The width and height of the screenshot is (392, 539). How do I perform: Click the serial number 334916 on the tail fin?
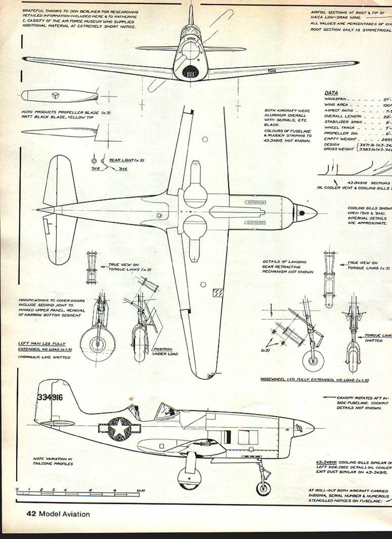pyautogui.click(x=50, y=398)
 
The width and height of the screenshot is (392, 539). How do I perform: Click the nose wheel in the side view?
pyautogui.click(x=263, y=488)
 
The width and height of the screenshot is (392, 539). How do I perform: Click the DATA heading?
pyautogui.click(x=331, y=93)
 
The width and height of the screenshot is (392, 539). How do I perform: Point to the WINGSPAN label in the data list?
pyautogui.click(x=335, y=99)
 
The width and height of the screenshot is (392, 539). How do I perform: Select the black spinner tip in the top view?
pyautogui.click(x=302, y=213)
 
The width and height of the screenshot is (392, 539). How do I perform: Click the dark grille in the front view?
pyautogui.click(x=190, y=71)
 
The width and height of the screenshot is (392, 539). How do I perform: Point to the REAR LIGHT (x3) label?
pyautogui.click(x=126, y=160)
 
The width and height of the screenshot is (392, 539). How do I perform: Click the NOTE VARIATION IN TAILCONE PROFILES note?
pyautogui.click(x=52, y=461)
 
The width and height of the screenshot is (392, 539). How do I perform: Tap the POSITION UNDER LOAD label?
pyautogui.click(x=165, y=351)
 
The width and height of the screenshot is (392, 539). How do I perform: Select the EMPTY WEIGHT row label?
pyautogui.click(x=335, y=139)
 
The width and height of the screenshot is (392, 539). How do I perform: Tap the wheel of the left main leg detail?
pyautogui.click(x=98, y=344)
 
